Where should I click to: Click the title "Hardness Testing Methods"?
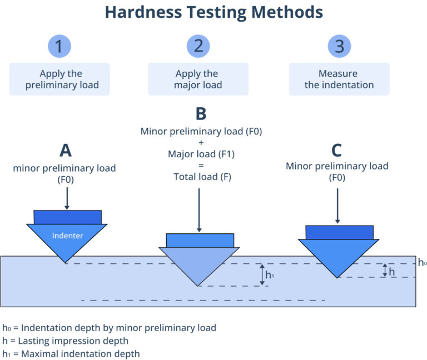[x=213, y=12]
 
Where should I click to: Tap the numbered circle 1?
[x=59, y=46]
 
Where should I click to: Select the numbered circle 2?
[x=198, y=46]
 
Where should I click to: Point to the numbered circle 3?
[x=339, y=46]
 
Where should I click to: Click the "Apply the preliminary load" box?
[x=59, y=79]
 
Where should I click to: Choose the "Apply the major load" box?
[x=198, y=79]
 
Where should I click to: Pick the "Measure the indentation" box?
[x=339, y=79]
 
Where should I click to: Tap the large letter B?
[x=201, y=114]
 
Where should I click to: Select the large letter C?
[x=336, y=151]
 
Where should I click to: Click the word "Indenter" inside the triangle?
[x=67, y=236]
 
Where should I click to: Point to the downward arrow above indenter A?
[x=67, y=198]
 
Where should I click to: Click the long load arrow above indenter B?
[x=199, y=209]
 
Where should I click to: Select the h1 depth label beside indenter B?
[x=270, y=274]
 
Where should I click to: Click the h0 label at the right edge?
[x=422, y=263]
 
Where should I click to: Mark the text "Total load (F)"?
[x=201, y=177]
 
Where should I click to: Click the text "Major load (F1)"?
[x=201, y=154]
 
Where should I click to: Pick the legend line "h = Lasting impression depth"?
[x=66, y=341]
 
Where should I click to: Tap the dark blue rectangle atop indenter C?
[x=339, y=232]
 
